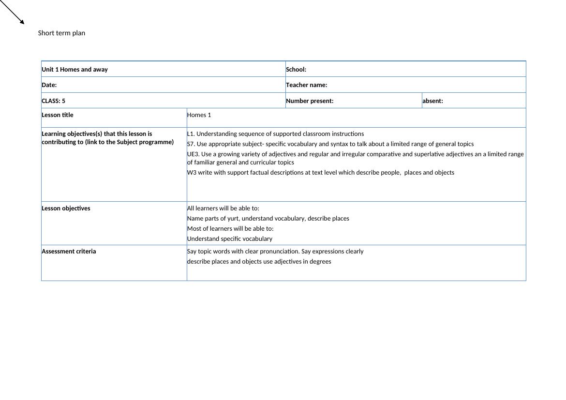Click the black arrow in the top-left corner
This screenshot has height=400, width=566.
click(12, 12)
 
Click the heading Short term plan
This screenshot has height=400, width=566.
click(61, 33)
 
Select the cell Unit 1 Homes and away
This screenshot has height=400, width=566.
click(74, 69)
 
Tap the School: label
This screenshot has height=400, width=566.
click(296, 69)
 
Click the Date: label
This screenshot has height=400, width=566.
click(49, 85)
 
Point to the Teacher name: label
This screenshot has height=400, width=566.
click(306, 85)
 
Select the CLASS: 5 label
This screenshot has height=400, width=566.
click(53, 101)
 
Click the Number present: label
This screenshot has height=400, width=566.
click(310, 101)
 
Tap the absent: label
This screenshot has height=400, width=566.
click(432, 101)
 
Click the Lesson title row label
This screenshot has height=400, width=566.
click(58, 115)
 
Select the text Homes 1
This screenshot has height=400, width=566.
click(199, 115)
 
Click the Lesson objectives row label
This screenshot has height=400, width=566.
click(66, 208)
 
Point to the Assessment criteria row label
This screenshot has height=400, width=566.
click(69, 251)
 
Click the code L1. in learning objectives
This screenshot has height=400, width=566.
click(191, 133)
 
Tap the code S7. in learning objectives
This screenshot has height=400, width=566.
click(191, 144)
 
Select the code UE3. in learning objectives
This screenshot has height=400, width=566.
click(193, 154)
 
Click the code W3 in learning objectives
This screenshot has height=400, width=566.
click(192, 172)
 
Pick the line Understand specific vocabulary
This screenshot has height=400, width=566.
click(229, 238)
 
